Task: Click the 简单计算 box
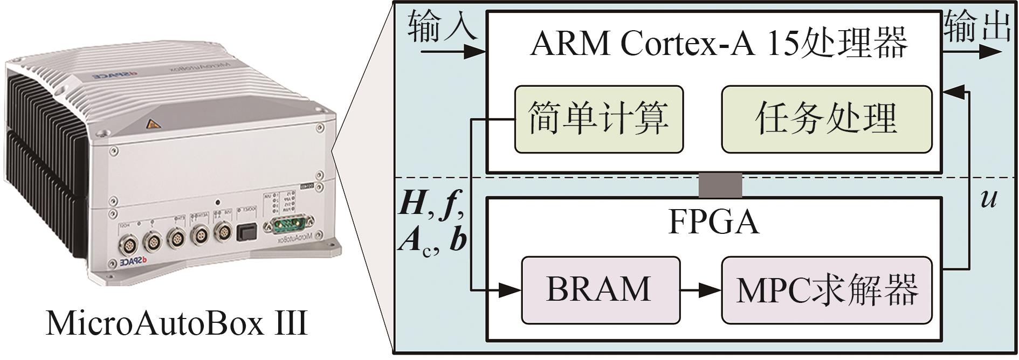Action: pos(598,119)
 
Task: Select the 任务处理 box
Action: pos(826,119)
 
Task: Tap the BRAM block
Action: pos(600,289)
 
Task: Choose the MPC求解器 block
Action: pos(826,289)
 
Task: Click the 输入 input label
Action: pos(442,27)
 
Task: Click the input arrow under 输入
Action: pos(453,52)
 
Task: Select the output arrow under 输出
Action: pos(973,52)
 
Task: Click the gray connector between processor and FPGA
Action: pos(720,185)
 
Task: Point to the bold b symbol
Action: pos(458,241)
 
